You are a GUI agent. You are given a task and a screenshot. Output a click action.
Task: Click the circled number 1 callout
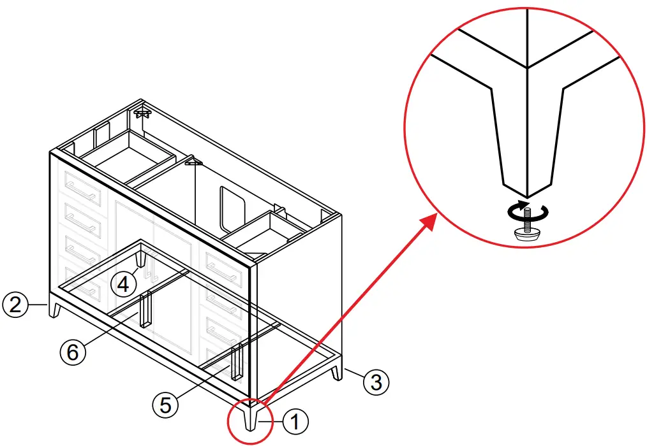[294, 421]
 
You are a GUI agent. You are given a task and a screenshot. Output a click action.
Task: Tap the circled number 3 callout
[376, 382]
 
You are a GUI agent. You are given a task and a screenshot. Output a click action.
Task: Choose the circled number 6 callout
[73, 351]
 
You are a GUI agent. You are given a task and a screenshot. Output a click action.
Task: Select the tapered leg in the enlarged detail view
[527, 140]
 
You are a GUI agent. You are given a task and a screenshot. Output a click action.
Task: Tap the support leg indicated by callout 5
[237, 361]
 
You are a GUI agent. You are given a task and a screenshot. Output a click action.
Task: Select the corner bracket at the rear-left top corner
[142, 113]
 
